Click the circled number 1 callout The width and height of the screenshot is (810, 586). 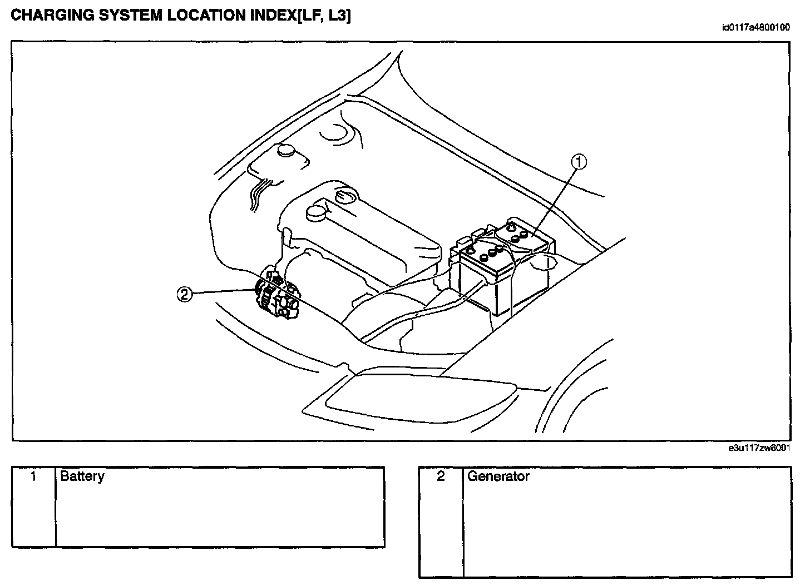(x=579, y=162)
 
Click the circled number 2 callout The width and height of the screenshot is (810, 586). (x=185, y=295)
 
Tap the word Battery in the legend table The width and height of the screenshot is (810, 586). (x=82, y=476)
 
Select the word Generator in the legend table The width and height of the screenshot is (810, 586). (x=498, y=476)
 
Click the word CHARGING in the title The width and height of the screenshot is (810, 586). (x=52, y=16)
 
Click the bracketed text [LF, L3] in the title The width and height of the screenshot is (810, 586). (x=324, y=16)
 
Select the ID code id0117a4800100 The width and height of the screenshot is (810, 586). (x=755, y=27)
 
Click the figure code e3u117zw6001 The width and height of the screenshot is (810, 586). (x=759, y=448)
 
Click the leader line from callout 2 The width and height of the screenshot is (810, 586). (x=224, y=291)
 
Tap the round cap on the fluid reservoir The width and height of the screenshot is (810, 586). (x=286, y=150)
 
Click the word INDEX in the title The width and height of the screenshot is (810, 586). (x=273, y=16)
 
